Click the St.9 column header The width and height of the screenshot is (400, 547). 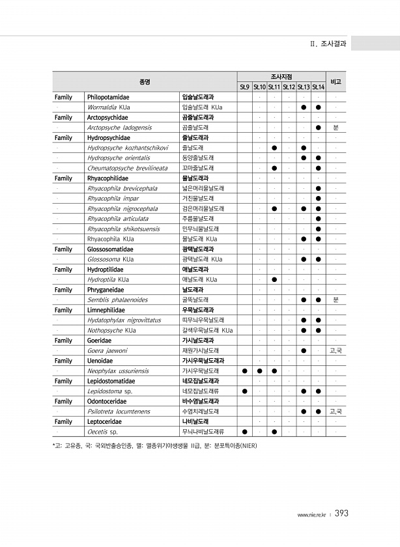[244, 87]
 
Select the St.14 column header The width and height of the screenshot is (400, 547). [318, 87]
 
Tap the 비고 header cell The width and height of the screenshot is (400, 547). [336, 81]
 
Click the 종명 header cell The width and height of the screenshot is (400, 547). [145, 81]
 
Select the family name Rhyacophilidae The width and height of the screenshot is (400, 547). [107, 178]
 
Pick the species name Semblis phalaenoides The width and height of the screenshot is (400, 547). [117, 300]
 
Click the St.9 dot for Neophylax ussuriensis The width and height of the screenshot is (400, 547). [244, 371]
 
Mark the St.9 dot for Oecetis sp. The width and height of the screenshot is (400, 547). [244, 432]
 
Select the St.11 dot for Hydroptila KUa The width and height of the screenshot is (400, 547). [274, 279]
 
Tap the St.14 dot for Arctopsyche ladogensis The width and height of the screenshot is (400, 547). [318, 128]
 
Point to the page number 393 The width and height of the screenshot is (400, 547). [341, 514]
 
